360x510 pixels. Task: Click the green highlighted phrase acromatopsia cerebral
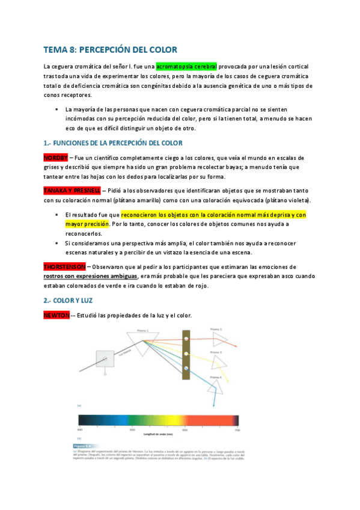click(x=186, y=66)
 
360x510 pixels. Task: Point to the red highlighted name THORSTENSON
click(x=64, y=266)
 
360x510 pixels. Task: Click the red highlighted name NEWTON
click(x=56, y=315)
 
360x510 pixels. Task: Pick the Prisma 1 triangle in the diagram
click(x=144, y=337)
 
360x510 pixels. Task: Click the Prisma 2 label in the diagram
click(x=216, y=330)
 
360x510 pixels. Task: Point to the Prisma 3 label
click(x=216, y=351)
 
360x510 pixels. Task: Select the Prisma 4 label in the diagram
click(x=216, y=376)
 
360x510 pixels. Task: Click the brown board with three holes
click(x=187, y=354)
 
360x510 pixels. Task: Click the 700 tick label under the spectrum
click(x=237, y=431)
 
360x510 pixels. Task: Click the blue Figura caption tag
click(x=81, y=446)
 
